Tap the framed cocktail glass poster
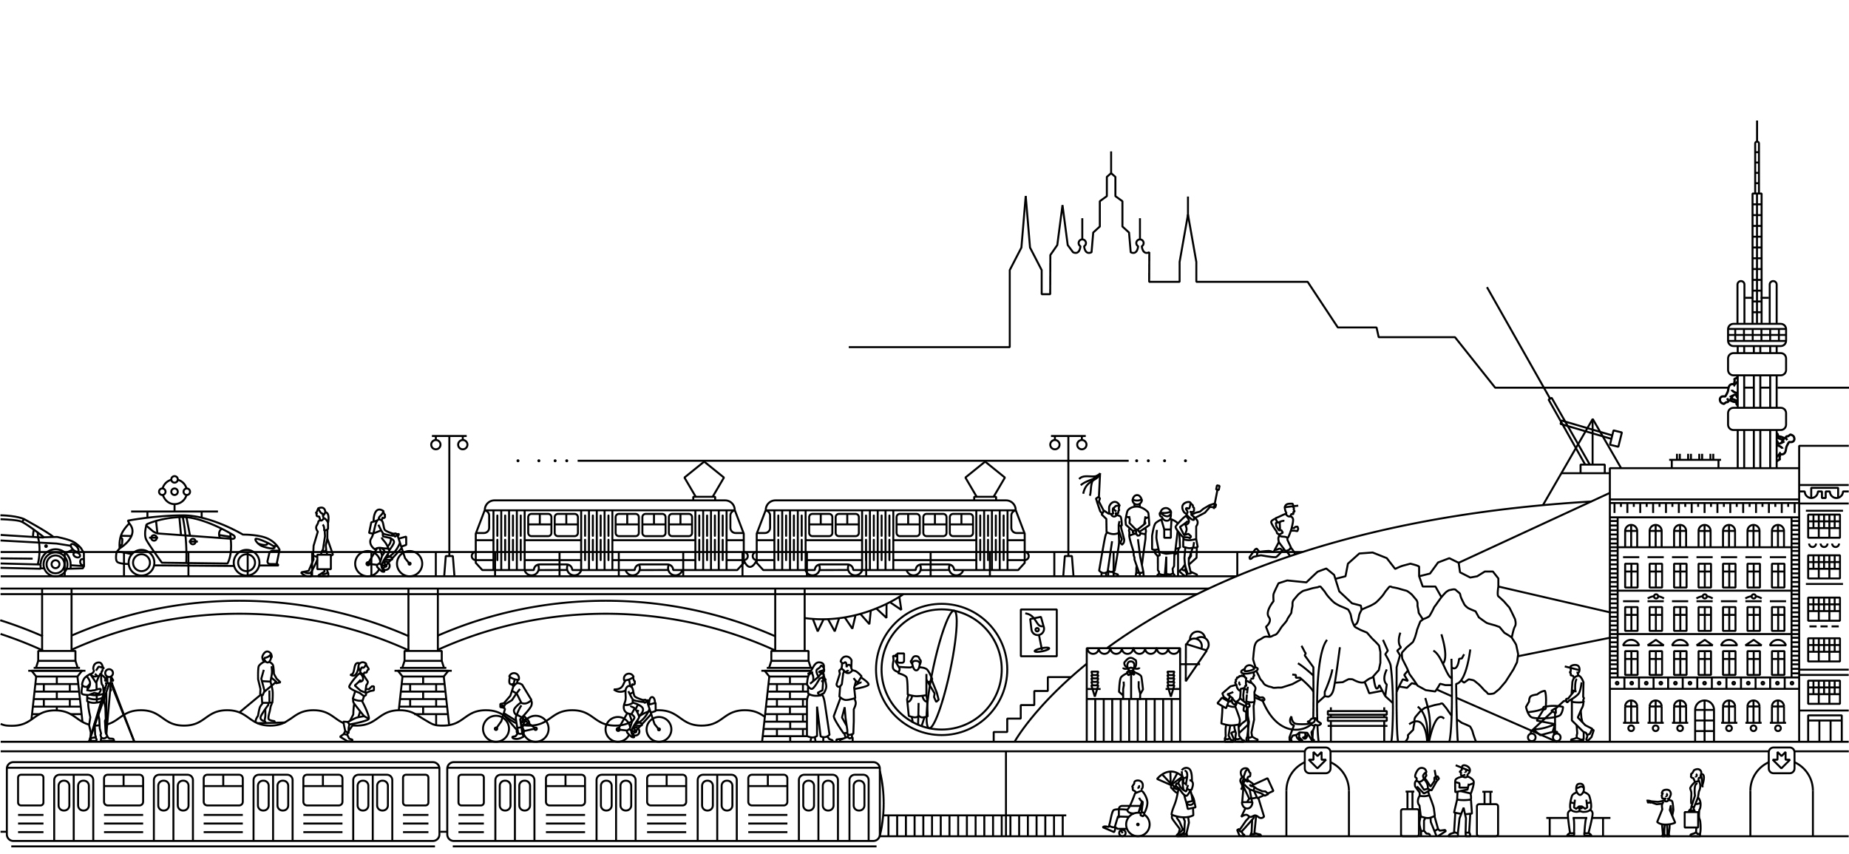[1038, 632]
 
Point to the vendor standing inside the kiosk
[1130, 680]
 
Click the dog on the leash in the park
[1302, 731]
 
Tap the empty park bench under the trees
[1357, 722]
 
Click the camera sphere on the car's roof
[174, 492]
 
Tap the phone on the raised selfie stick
[1217, 489]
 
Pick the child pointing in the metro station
[1665, 810]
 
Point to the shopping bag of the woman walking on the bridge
[324, 561]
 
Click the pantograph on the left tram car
[704, 479]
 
